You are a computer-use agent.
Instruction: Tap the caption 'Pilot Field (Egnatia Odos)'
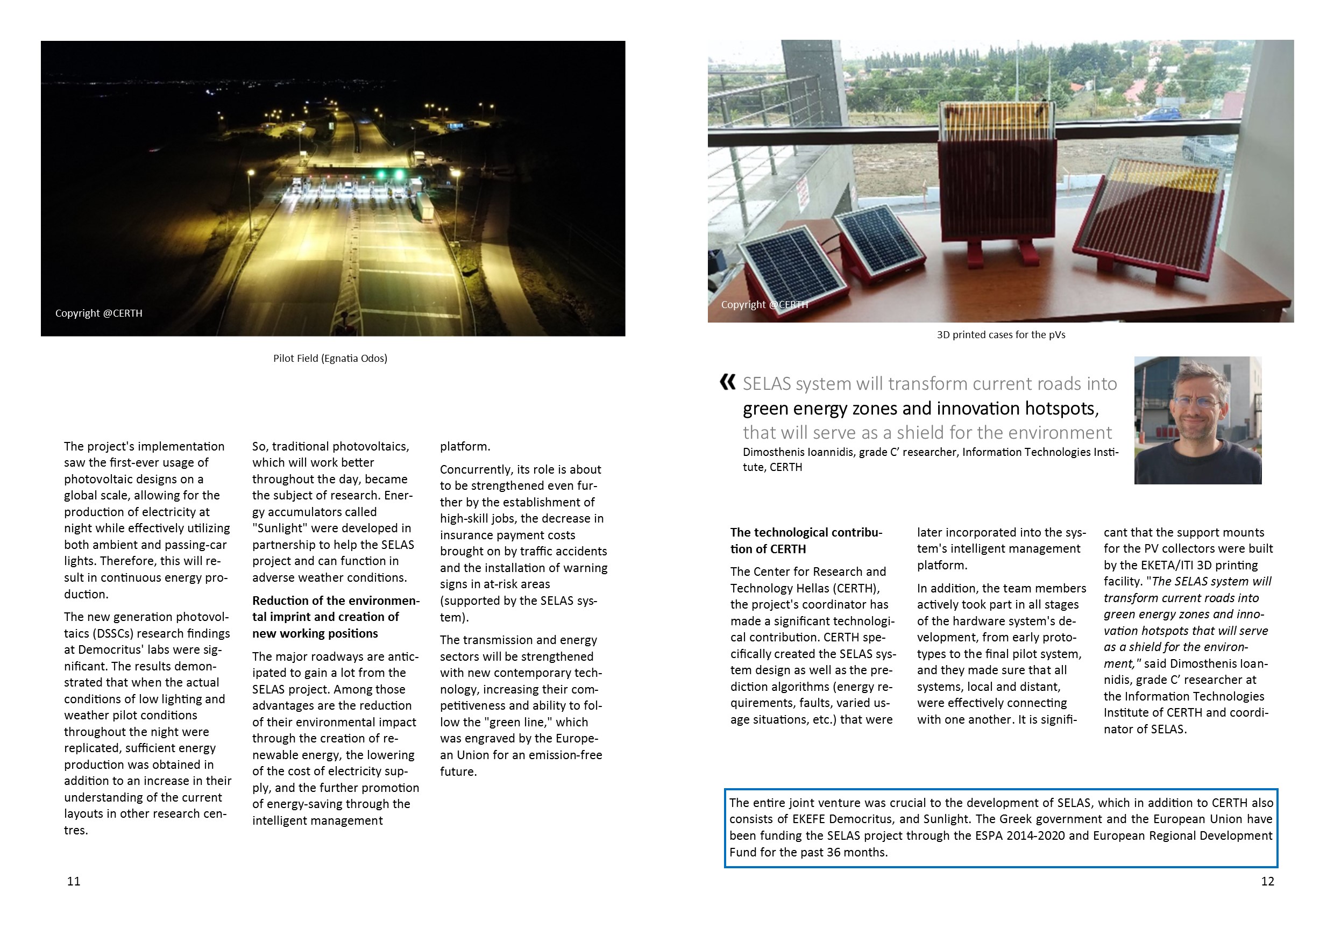point(330,358)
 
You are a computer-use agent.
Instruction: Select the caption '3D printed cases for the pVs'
point(1001,334)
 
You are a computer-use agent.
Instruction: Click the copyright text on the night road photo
point(99,313)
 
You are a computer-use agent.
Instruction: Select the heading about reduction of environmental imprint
point(335,617)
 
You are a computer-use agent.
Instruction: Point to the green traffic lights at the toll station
point(390,174)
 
